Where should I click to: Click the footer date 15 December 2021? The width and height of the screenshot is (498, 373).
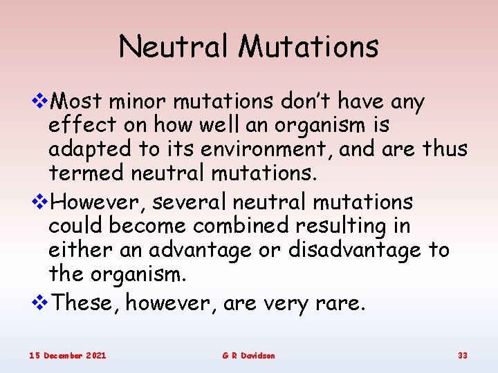click(68, 355)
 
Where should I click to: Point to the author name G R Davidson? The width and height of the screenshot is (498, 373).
click(248, 355)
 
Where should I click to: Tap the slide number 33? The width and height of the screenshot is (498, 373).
click(463, 355)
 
